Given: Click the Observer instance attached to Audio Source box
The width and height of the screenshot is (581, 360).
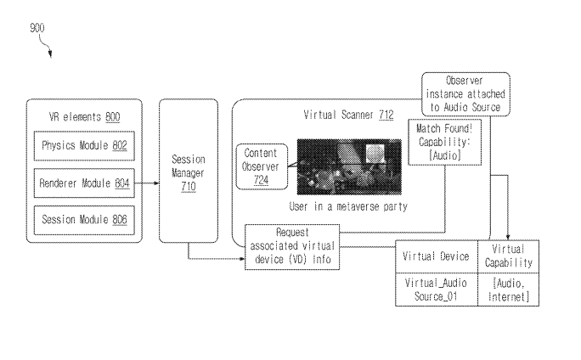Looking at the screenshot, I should pyautogui.click(x=465, y=93).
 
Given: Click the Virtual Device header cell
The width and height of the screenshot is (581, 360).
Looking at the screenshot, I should pyautogui.click(x=437, y=256).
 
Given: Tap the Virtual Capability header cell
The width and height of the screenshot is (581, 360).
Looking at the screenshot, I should pyautogui.click(x=510, y=256).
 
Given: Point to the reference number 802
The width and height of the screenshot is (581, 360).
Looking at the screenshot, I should pyautogui.click(x=119, y=145).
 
